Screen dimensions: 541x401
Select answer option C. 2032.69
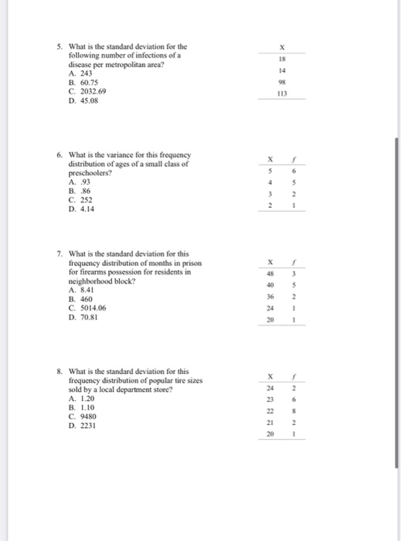[x=87, y=90]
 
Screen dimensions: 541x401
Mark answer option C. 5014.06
[x=87, y=307]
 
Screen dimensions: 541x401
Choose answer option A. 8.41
[x=83, y=290]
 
